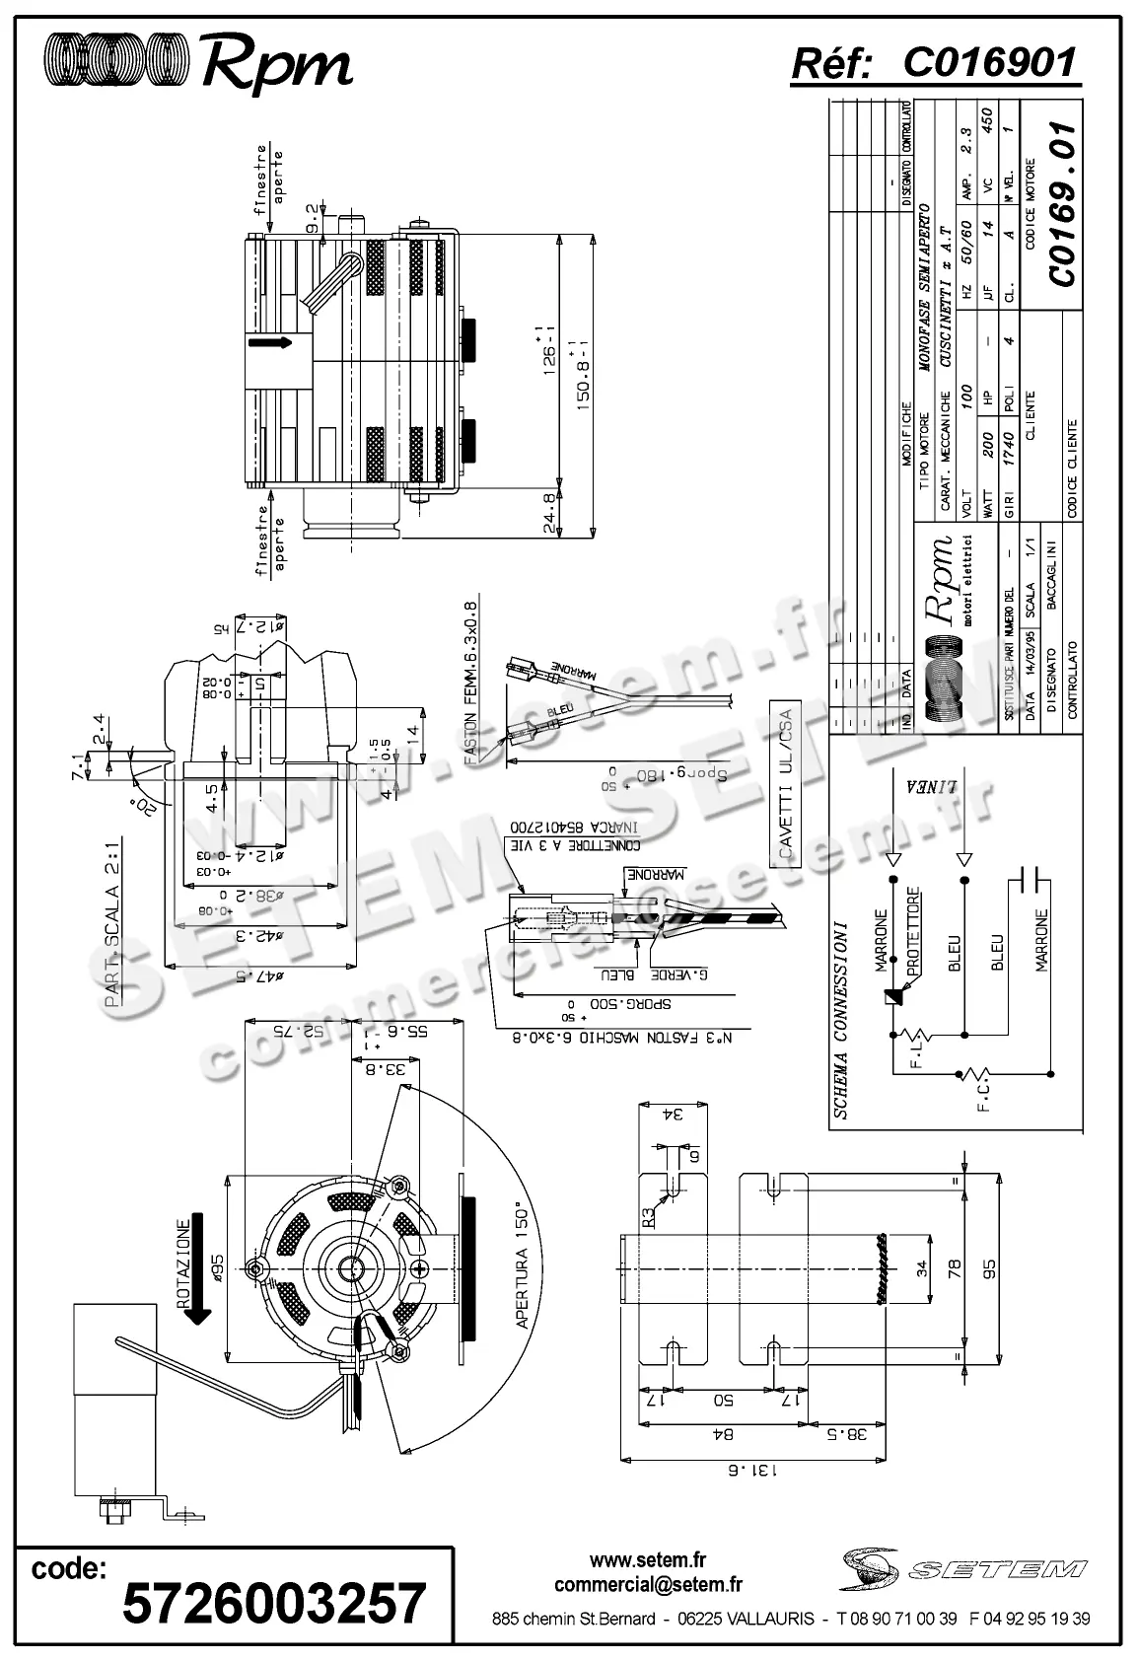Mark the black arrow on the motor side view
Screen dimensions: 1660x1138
tap(269, 342)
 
